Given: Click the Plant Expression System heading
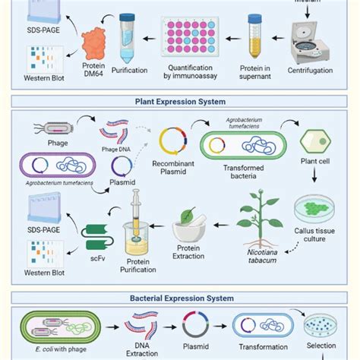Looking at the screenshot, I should click(180, 99).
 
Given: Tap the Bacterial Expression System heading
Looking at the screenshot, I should click(180, 298).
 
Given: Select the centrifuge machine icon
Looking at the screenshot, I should click(312, 41).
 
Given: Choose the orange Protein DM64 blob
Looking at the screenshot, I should click(96, 46).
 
